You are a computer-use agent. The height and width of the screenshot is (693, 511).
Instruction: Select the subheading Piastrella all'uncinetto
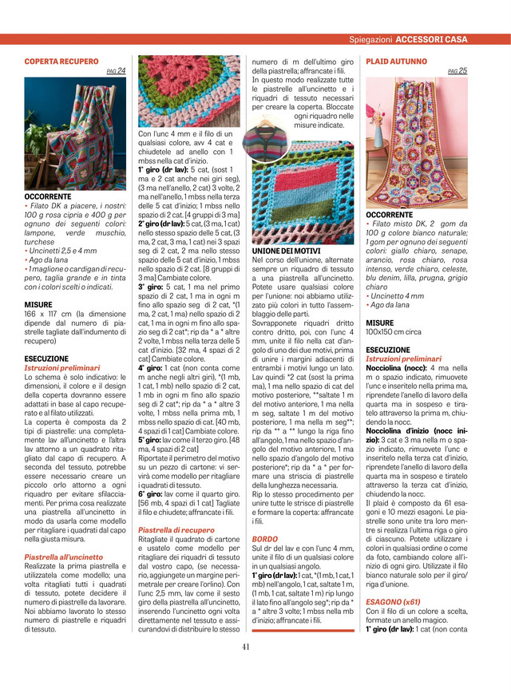tap(64, 556)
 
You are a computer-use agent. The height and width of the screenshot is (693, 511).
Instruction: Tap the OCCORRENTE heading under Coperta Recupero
tap(48, 196)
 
